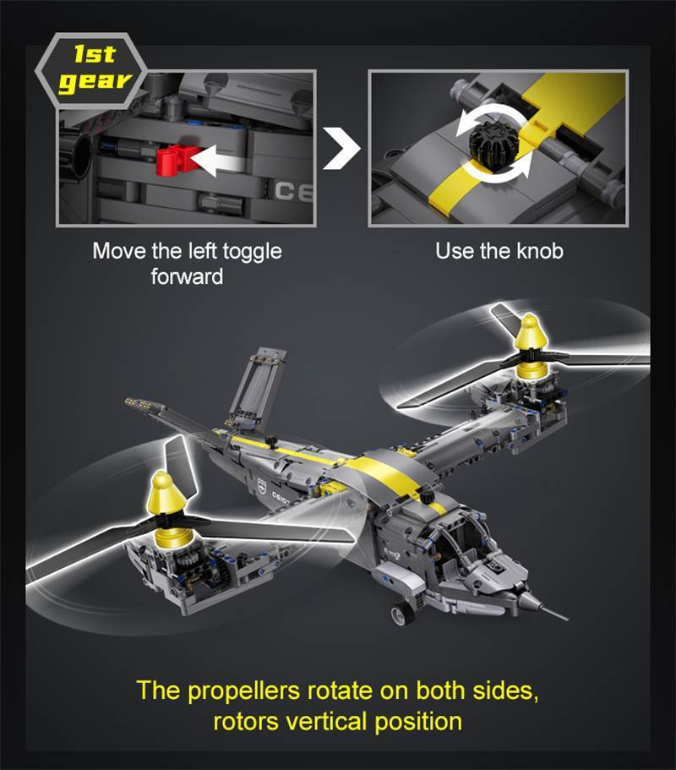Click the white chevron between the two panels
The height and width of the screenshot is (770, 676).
point(341,149)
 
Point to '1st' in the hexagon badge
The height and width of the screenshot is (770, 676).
point(95,55)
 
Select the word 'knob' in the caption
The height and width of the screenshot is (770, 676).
point(538,251)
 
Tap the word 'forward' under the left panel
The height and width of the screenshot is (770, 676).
point(187,276)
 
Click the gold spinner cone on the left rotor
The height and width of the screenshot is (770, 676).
point(163,505)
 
